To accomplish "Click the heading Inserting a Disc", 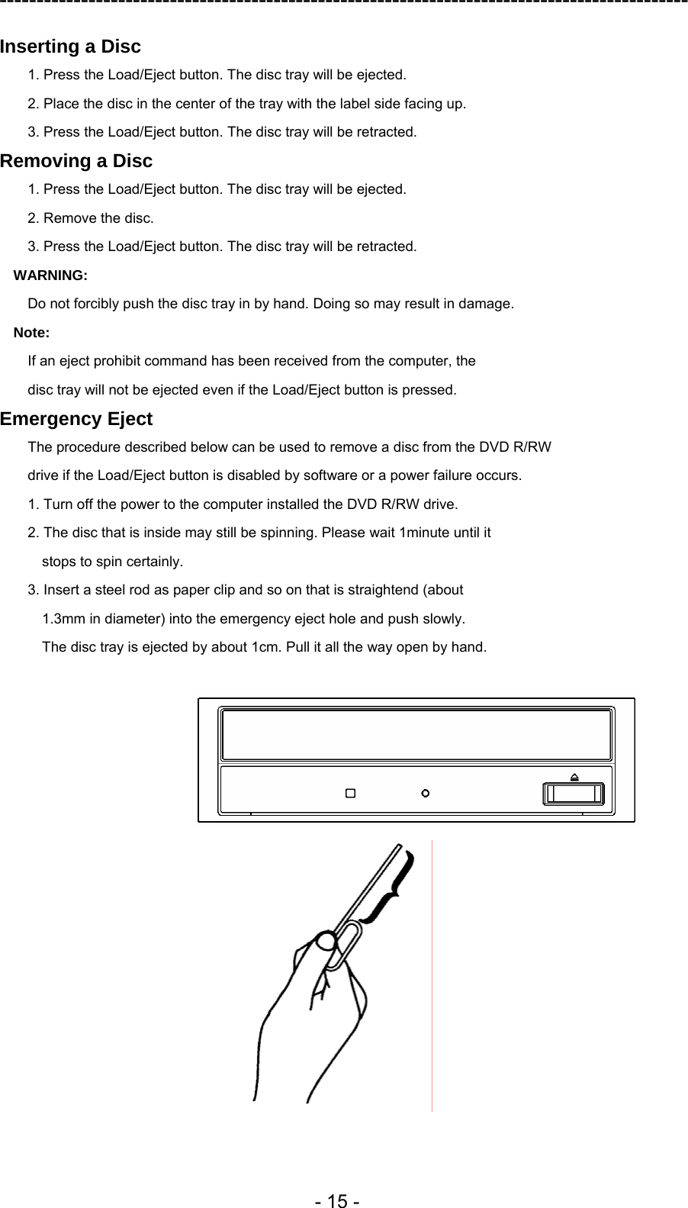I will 70,47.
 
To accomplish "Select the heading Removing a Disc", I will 76,161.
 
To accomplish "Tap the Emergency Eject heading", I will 76,419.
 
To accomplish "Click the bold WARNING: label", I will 51,275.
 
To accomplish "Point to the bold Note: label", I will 32,333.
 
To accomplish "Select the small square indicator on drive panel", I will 350,794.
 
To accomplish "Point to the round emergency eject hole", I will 426,794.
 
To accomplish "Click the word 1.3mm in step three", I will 62,618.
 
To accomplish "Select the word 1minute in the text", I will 426,533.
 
